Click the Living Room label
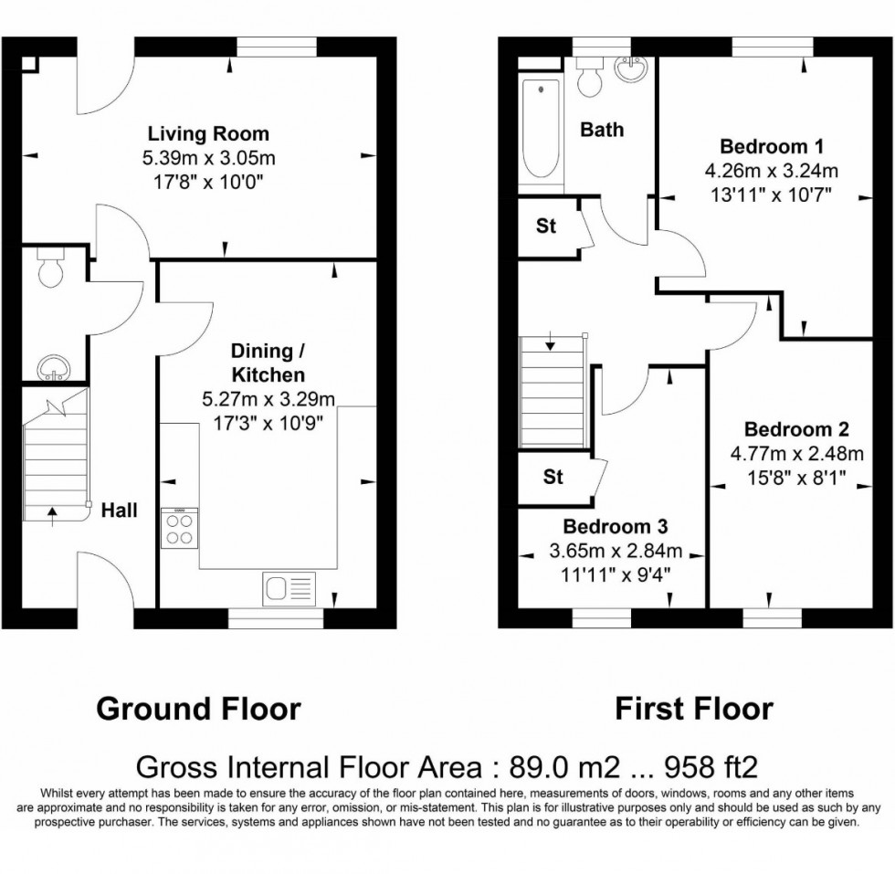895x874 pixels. (209, 135)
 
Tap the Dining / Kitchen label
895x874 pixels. (268, 363)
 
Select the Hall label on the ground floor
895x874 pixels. (120, 511)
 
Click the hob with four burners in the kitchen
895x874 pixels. (179, 529)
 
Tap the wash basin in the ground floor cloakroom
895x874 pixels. (51, 369)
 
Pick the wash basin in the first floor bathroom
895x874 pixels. (630, 68)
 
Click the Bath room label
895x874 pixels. (603, 130)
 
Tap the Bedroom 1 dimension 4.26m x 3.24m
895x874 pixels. (772, 170)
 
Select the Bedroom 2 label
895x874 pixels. (796, 429)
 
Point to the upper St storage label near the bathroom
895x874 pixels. (546, 226)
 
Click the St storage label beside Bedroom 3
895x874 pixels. (553, 478)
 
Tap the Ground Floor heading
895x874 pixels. (198, 708)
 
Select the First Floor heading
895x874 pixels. (693, 708)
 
